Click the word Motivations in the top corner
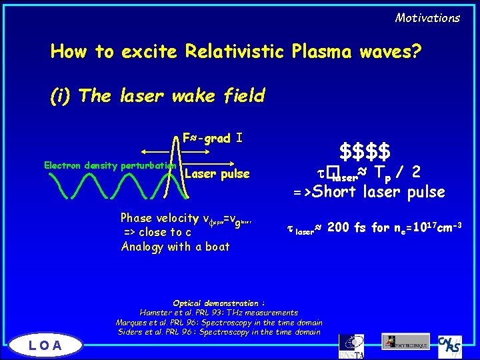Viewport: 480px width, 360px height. [x=427, y=18]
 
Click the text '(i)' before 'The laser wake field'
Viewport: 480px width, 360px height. [x=61, y=96]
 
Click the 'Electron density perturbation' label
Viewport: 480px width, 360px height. [x=109, y=165]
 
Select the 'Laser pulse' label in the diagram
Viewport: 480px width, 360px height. [x=217, y=174]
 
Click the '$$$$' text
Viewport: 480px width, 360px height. [x=365, y=150]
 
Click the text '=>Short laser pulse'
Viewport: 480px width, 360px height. [x=369, y=192]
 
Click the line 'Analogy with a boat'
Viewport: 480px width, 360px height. [x=175, y=247]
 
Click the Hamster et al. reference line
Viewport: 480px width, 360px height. [x=219, y=312]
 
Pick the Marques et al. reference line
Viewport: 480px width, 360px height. [x=219, y=322]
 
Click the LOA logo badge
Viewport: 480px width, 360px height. [x=45, y=345]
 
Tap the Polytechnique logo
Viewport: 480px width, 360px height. [x=406, y=341]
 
